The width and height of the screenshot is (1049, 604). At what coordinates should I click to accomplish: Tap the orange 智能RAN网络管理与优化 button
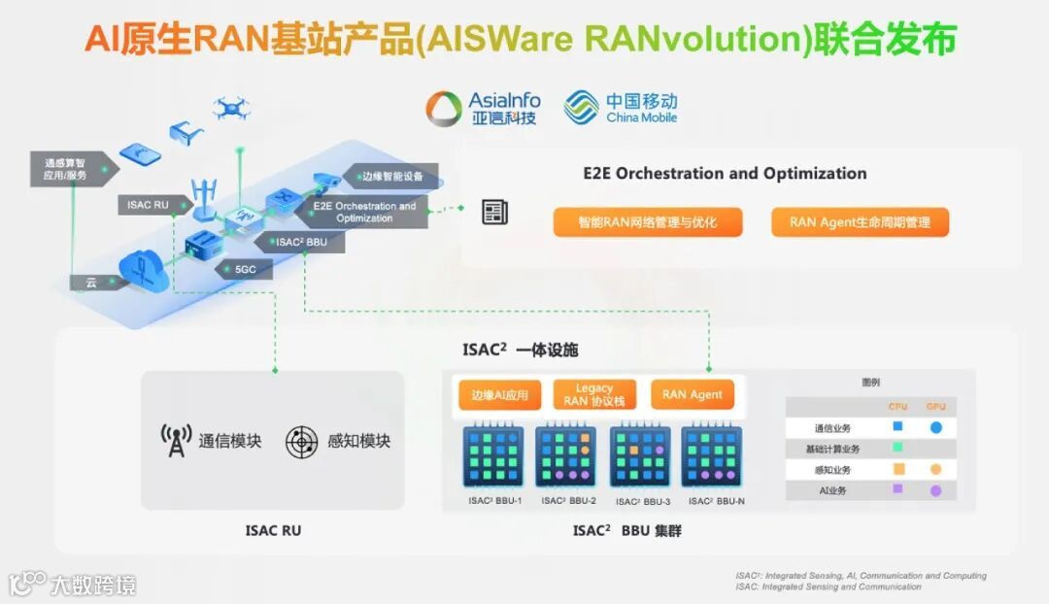coord(648,222)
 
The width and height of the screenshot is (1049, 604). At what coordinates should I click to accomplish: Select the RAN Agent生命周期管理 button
coord(860,222)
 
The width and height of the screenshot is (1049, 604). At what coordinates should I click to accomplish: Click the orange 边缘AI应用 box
coord(499,395)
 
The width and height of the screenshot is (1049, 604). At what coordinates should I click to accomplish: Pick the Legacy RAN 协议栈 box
coord(594,395)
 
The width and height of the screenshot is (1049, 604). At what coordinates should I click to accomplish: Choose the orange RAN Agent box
coord(693,395)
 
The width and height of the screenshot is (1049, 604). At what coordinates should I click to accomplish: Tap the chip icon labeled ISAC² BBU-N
coord(713,455)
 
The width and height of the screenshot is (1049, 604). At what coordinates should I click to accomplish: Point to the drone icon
coord(232,106)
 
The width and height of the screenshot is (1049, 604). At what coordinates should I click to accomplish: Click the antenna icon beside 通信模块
coord(176,441)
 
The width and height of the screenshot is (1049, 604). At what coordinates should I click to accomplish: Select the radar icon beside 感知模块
coord(302,442)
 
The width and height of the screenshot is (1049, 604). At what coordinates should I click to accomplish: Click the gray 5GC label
coord(244,269)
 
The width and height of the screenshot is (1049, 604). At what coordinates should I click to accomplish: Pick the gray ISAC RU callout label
coord(148,205)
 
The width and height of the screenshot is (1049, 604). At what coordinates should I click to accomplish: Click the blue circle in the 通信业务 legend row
coord(936,427)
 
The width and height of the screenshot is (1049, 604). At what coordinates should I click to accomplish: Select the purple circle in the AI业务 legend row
coord(936,491)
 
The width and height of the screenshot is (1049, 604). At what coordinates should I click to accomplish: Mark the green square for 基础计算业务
coord(898,448)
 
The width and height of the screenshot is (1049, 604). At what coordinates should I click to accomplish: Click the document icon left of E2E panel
coord(495,213)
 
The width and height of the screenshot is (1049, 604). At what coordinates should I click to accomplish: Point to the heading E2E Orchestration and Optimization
coord(725,174)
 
